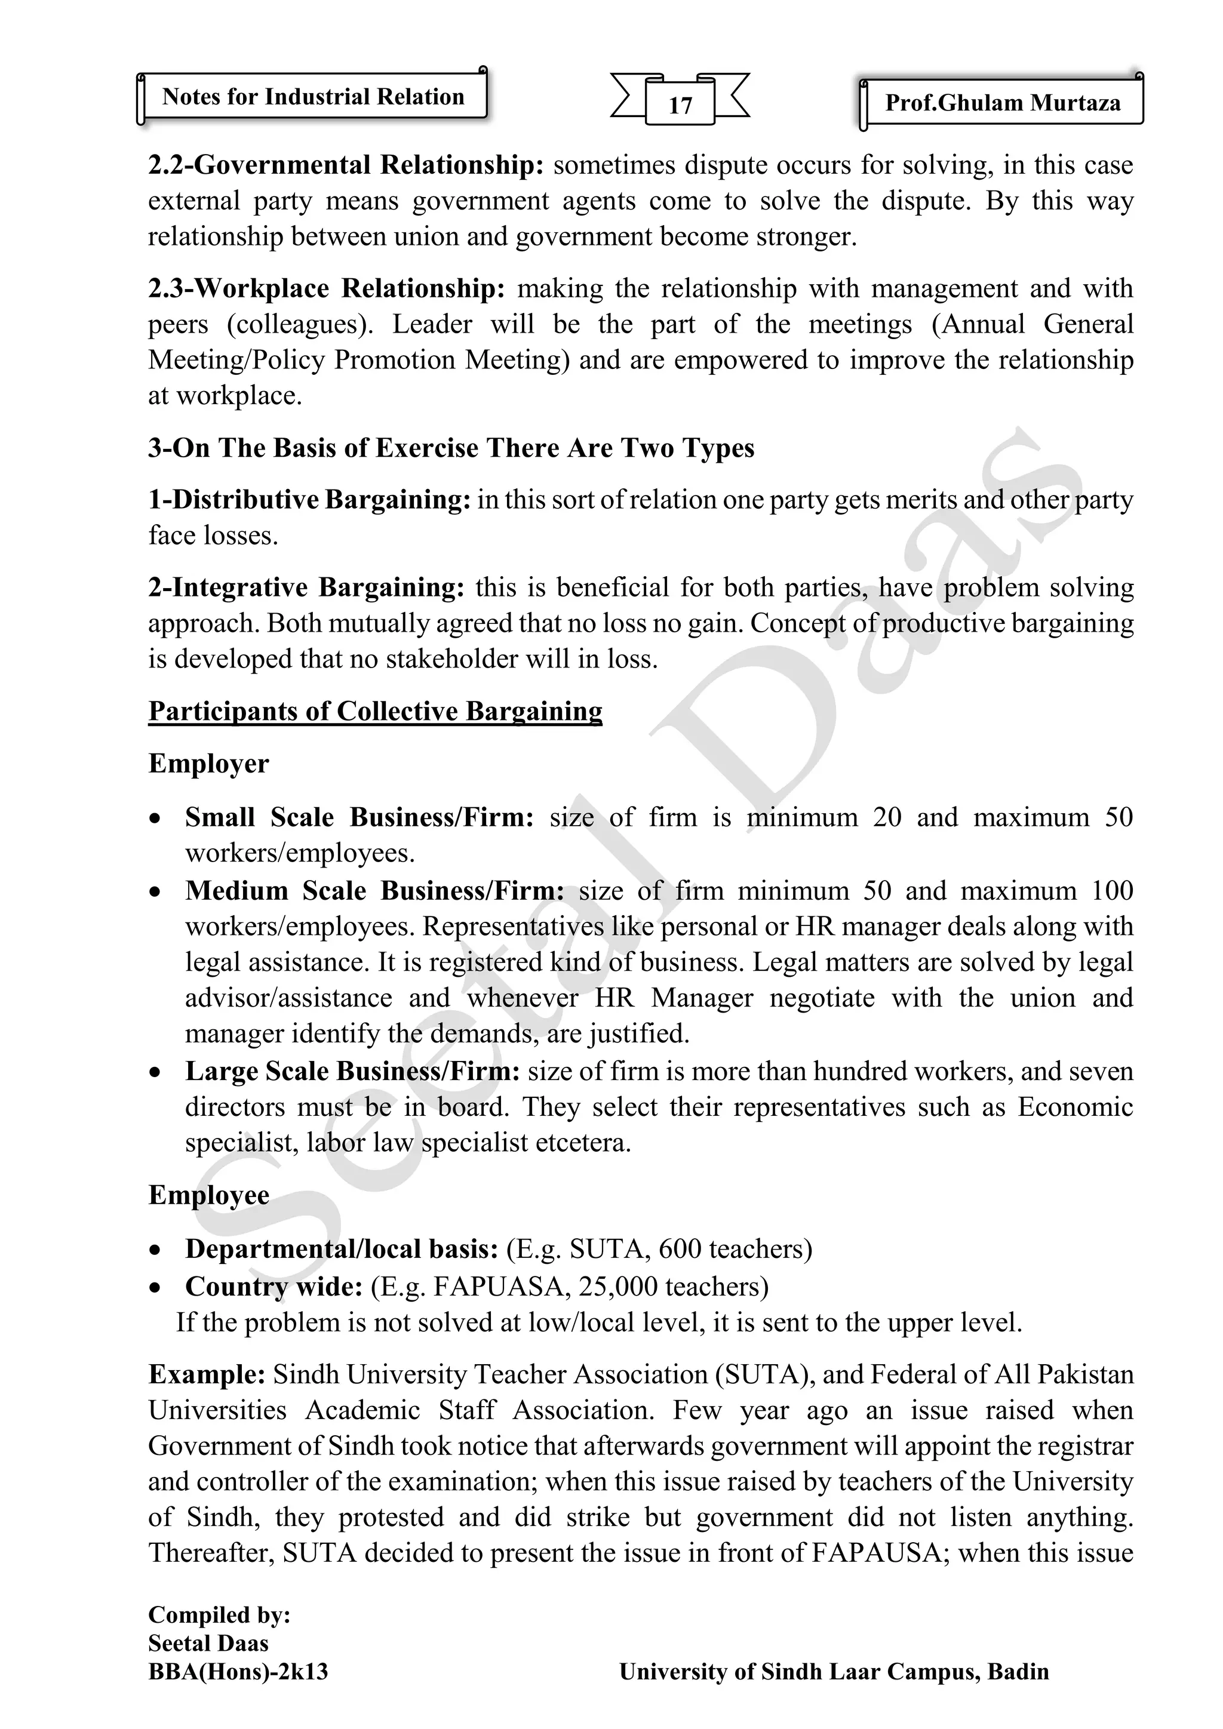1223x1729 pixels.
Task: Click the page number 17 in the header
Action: pyautogui.click(x=680, y=104)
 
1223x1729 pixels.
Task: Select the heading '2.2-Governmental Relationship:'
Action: pyautogui.click(x=346, y=165)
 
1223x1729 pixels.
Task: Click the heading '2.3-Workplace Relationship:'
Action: pyautogui.click(x=326, y=288)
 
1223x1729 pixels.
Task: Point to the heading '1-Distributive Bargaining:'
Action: pyautogui.click(x=309, y=500)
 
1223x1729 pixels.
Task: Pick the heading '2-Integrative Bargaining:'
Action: pyautogui.click(x=306, y=587)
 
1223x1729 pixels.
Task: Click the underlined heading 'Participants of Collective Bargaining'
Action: pyautogui.click(x=375, y=711)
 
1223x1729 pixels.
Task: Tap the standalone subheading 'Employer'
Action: pyautogui.click(x=208, y=764)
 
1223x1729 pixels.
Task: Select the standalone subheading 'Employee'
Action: pyautogui.click(x=208, y=1195)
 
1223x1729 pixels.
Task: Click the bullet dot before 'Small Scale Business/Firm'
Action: pyautogui.click(x=155, y=819)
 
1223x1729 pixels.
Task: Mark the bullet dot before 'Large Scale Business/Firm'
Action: pyautogui.click(x=155, y=1072)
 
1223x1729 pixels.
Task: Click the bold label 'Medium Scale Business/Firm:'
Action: pyautogui.click(x=374, y=891)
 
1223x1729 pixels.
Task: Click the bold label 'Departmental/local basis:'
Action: pyautogui.click(x=341, y=1250)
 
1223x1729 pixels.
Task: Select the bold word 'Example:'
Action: pyautogui.click(x=207, y=1374)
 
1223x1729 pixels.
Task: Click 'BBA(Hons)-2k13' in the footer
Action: pyautogui.click(x=238, y=1672)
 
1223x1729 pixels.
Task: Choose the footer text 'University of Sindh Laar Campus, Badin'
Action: pyautogui.click(x=834, y=1672)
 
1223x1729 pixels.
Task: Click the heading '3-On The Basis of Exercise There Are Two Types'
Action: pyautogui.click(x=451, y=448)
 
